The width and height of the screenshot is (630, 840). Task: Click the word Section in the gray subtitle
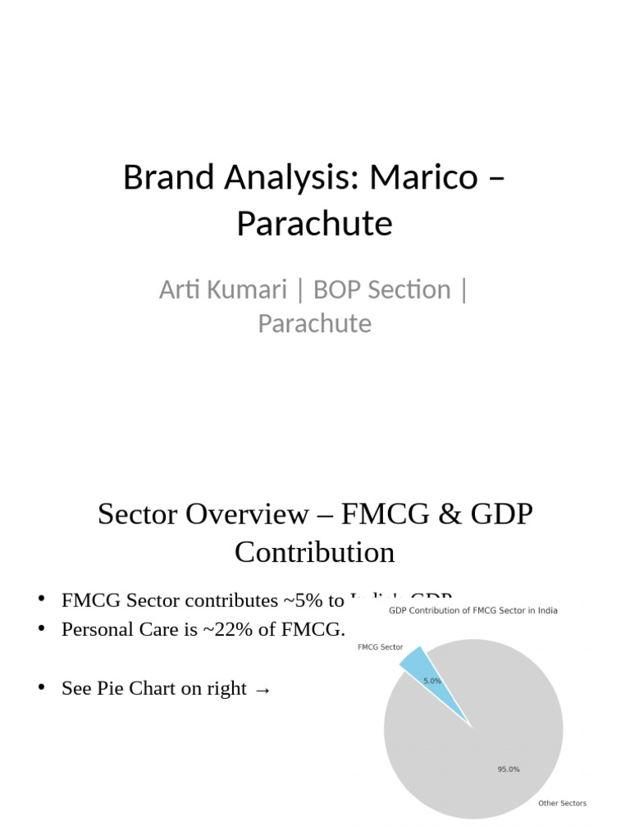(x=414, y=290)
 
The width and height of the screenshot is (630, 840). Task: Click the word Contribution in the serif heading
(x=315, y=552)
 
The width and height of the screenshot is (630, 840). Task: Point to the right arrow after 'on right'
(x=262, y=689)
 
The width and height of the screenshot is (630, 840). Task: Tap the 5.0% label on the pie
(x=432, y=681)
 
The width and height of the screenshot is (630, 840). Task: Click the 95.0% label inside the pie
(x=508, y=769)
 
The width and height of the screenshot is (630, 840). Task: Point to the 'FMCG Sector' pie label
(x=380, y=647)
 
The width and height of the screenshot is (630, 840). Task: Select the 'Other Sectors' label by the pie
(x=562, y=803)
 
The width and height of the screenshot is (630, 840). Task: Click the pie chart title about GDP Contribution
(x=473, y=610)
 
